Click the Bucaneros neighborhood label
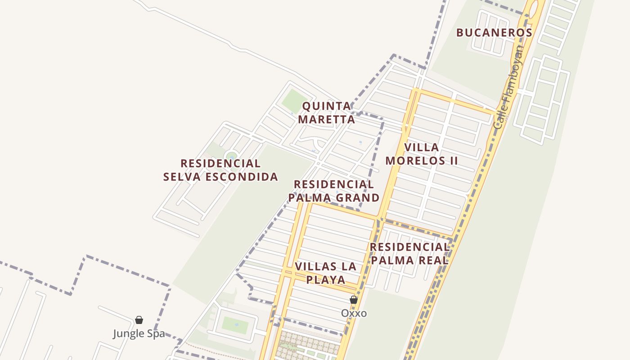494,33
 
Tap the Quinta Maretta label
327,112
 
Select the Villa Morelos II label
422,154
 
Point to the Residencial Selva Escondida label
220,170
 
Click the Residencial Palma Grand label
334,191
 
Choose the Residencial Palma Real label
409,253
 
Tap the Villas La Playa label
326,273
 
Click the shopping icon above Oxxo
354,300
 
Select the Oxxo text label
354,313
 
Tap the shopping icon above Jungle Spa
139,320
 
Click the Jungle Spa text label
139,334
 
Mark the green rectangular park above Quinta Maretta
295,101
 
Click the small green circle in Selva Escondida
231,156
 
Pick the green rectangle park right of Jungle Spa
235,325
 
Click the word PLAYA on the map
326,280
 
